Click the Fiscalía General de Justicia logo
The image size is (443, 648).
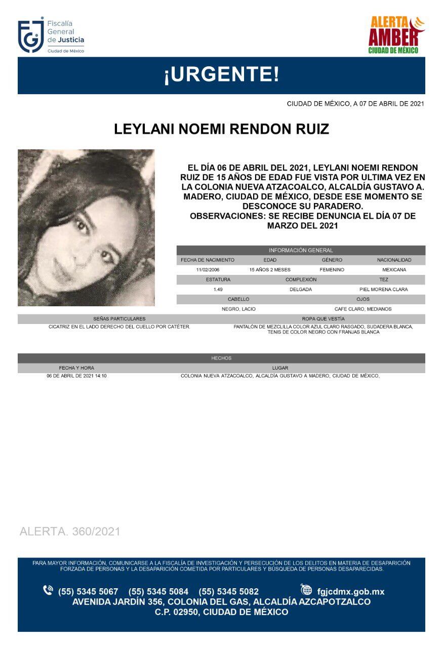[x=51, y=36]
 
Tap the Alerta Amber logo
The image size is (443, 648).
[x=396, y=35]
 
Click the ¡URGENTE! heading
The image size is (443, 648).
[x=221, y=75]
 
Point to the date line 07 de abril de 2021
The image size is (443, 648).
[x=355, y=104]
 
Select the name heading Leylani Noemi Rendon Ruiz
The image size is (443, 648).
[x=221, y=129]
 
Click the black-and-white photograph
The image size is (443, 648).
[x=86, y=227]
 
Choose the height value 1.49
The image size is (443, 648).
[x=218, y=290]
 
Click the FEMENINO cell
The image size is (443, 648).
[x=332, y=270]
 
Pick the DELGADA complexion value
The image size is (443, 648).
[x=301, y=290]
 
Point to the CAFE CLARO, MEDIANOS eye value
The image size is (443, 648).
[x=363, y=309]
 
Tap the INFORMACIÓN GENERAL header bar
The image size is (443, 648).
[x=301, y=250]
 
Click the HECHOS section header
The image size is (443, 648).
[x=221, y=358]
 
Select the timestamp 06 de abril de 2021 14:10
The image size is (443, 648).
[x=76, y=376]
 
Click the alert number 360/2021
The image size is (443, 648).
[x=70, y=532]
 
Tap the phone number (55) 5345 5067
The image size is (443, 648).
[x=88, y=591]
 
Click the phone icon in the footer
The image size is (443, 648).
[x=48, y=590]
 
